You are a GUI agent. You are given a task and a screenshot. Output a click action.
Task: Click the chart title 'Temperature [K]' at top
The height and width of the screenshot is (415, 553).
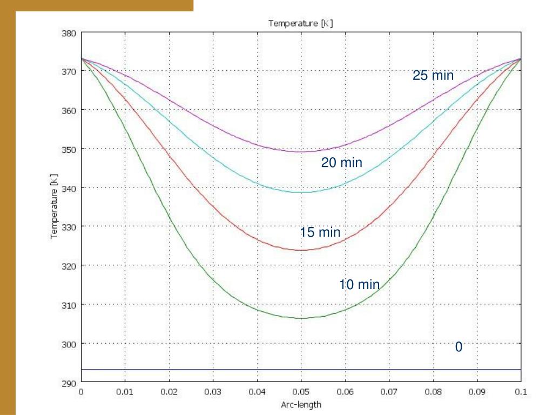300,23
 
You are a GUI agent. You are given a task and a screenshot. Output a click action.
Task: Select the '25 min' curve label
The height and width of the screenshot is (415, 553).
433,76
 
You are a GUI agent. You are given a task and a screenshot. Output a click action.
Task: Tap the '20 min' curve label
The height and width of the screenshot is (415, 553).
341,163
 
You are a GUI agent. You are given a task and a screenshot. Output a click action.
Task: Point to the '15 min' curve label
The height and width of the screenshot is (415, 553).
320,233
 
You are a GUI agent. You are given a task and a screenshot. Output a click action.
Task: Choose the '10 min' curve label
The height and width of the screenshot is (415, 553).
359,285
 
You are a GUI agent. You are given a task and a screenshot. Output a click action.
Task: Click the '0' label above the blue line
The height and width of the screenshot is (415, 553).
458,347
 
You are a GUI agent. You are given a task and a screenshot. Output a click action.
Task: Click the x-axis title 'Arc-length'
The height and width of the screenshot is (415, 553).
300,405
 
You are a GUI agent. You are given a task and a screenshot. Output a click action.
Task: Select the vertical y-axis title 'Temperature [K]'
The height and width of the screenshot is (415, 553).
55,208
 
